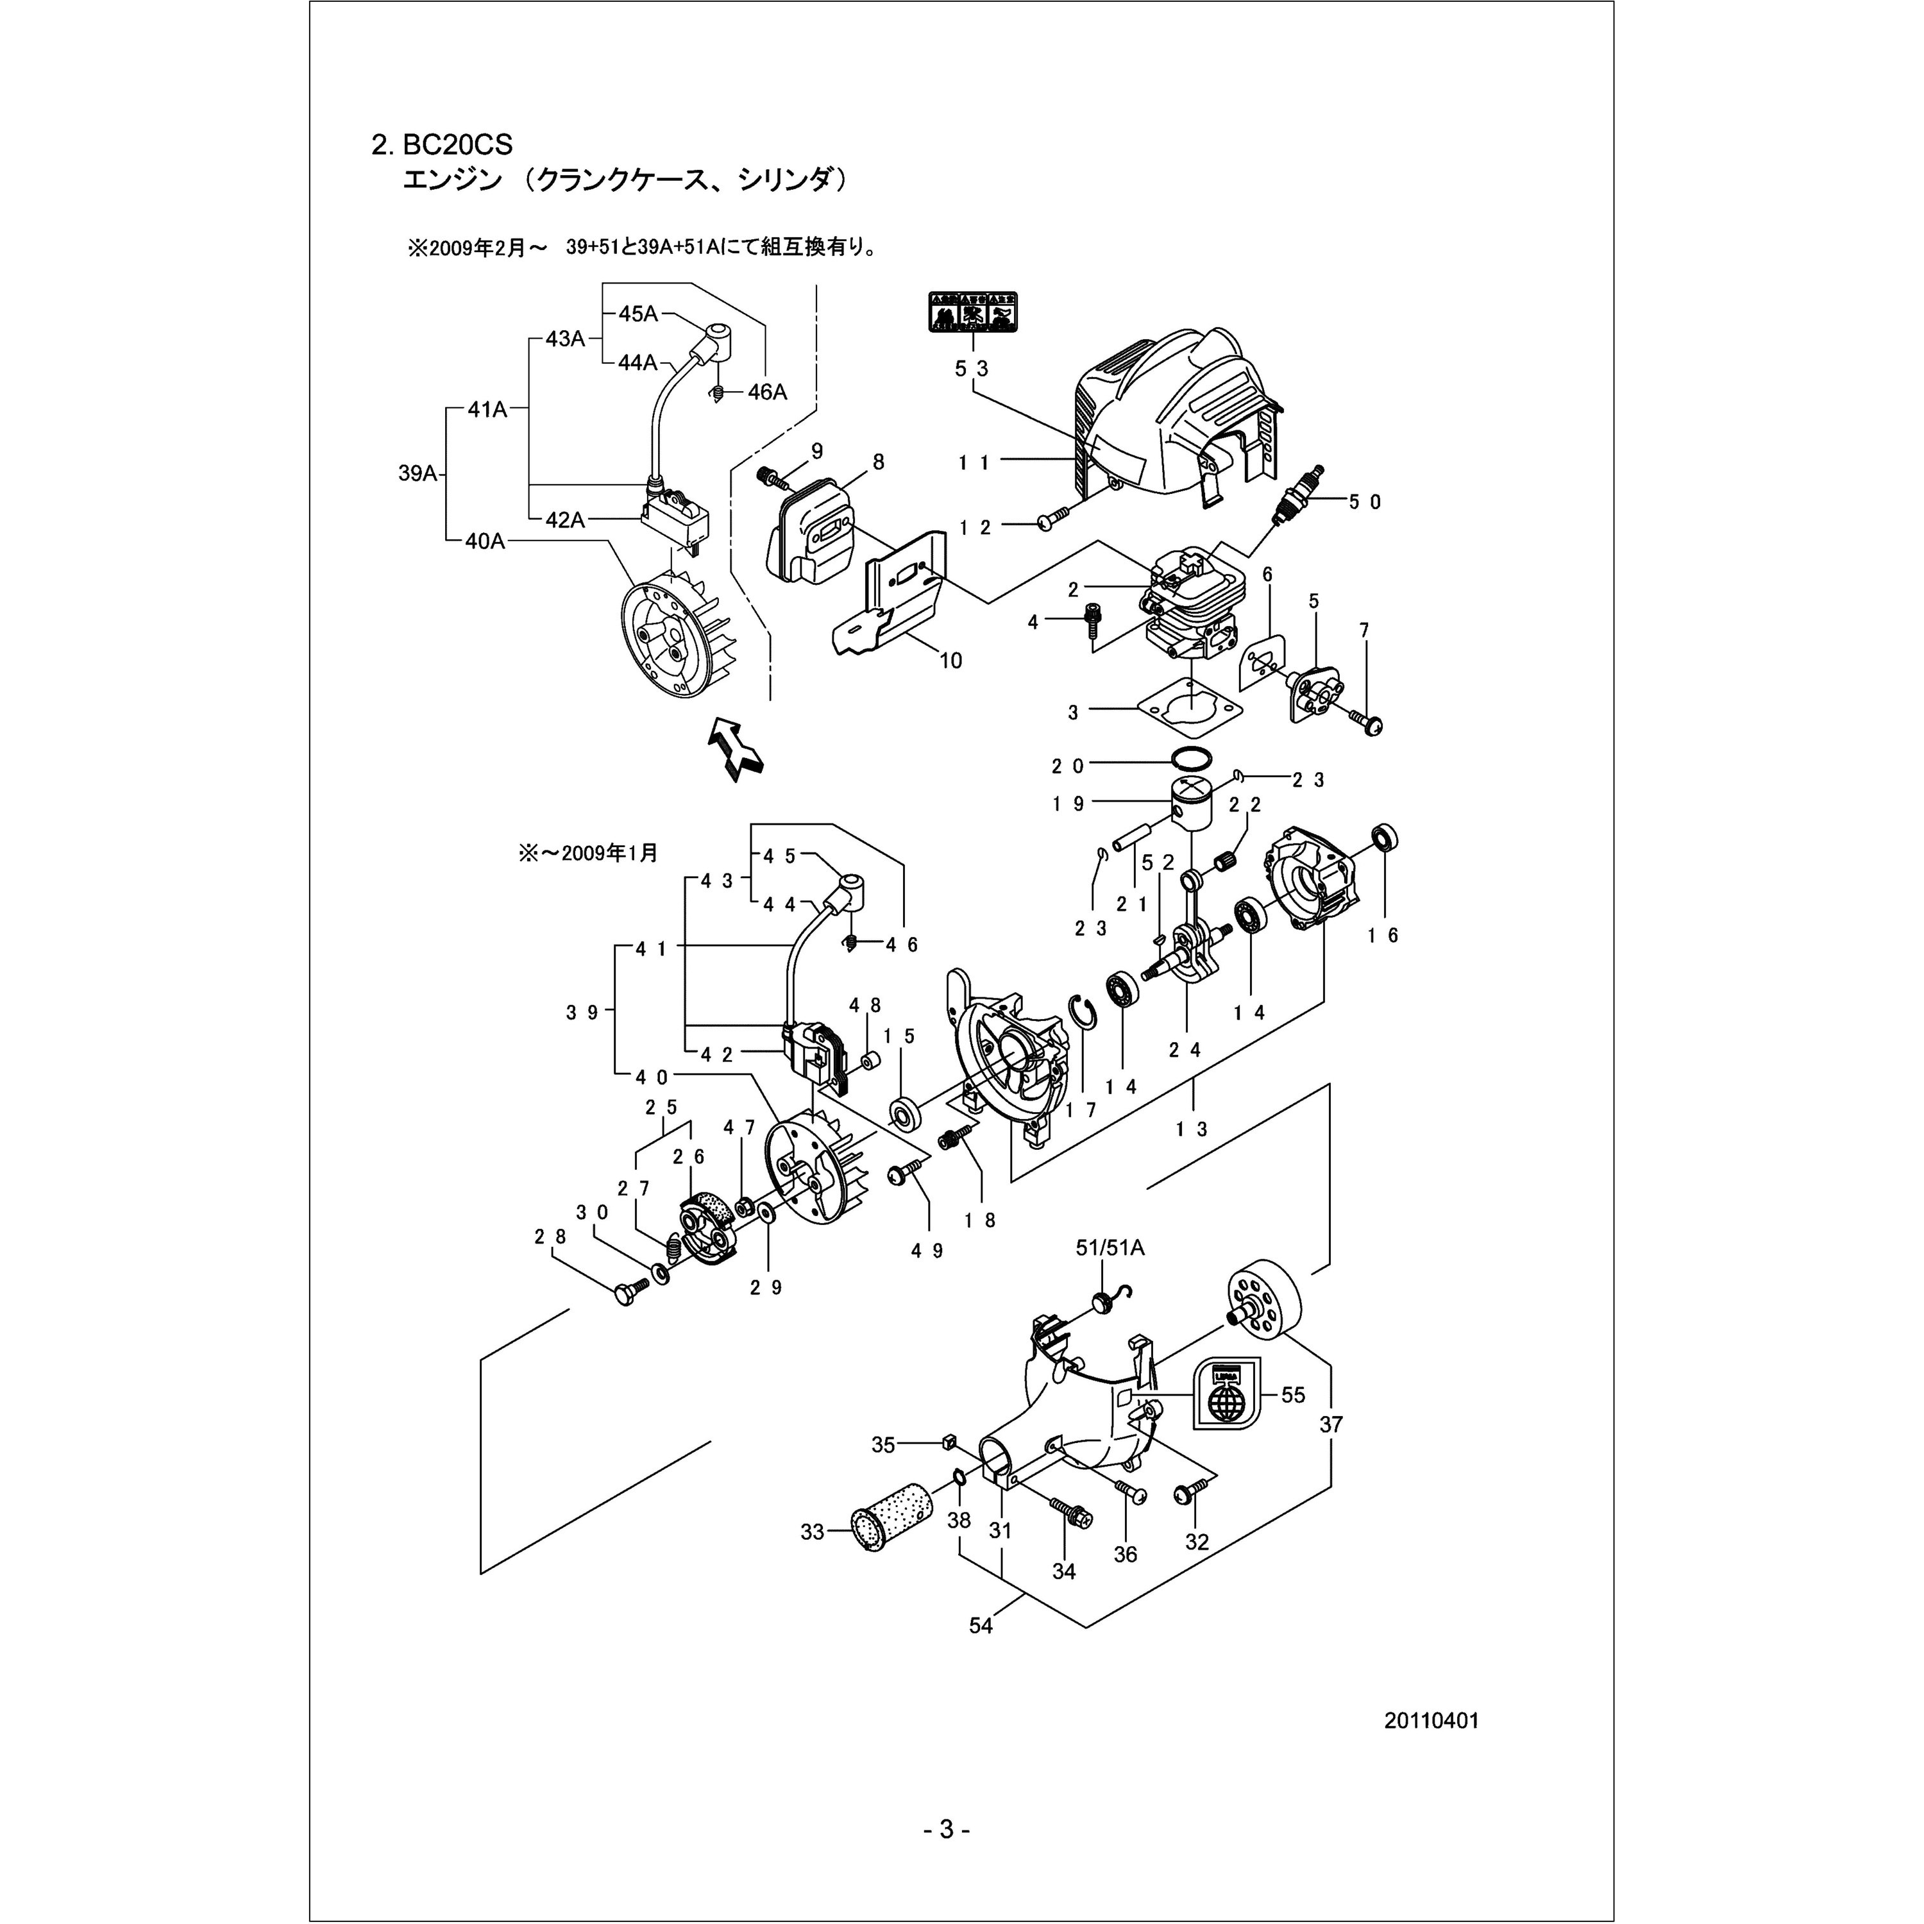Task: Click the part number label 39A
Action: [418, 474]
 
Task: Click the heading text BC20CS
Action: [457, 146]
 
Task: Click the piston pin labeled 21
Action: [1138, 829]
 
